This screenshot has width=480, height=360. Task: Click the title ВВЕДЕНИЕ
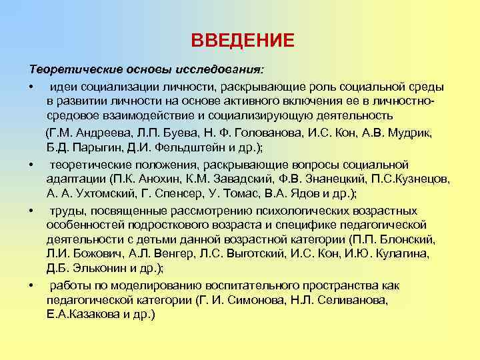[x=242, y=41]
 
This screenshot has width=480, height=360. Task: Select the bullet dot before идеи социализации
[x=31, y=87]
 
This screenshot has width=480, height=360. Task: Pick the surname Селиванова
[x=346, y=299]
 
